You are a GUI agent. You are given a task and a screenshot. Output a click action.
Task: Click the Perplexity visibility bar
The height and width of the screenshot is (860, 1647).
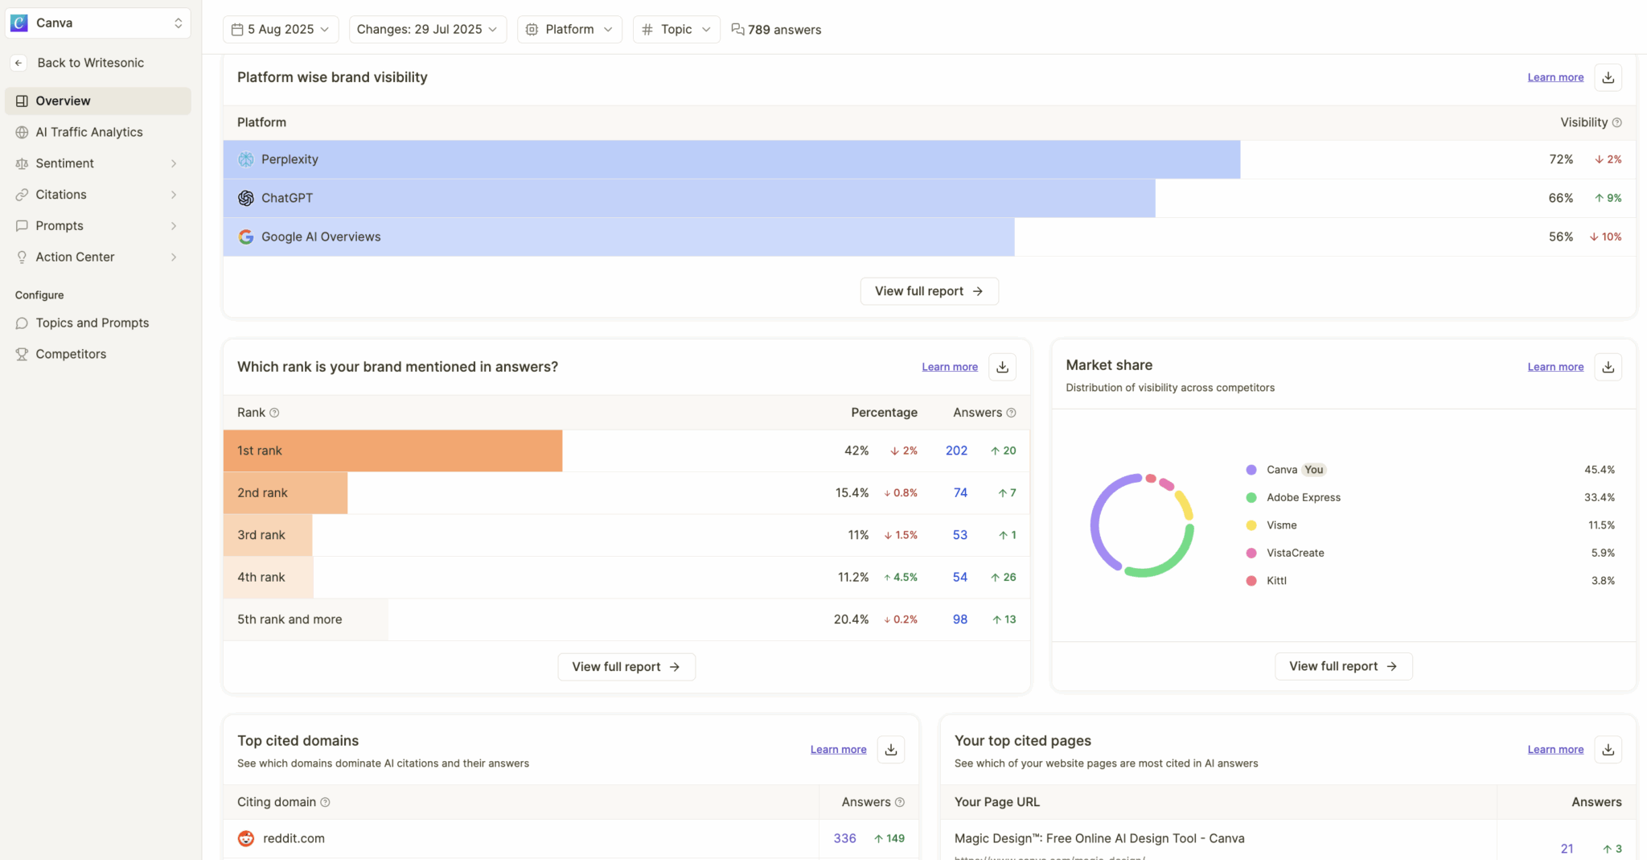click(x=731, y=159)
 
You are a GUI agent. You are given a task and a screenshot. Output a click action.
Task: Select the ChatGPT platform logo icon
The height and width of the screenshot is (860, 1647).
click(x=246, y=198)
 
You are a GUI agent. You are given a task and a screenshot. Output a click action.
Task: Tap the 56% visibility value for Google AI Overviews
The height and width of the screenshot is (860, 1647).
click(x=1560, y=237)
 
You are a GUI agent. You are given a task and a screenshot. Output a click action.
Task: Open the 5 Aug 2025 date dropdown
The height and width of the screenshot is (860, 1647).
click(x=280, y=30)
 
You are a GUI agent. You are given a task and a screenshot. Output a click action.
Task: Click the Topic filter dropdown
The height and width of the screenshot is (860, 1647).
click(x=676, y=30)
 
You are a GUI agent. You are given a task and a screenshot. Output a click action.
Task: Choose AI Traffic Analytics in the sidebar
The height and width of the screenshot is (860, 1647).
click(x=89, y=132)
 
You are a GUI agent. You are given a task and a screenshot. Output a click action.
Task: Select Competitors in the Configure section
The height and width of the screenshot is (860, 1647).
click(x=71, y=354)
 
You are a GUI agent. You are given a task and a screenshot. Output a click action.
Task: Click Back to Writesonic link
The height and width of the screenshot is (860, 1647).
click(x=90, y=63)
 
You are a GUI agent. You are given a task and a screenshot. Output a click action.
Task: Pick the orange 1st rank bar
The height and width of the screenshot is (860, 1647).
click(x=392, y=451)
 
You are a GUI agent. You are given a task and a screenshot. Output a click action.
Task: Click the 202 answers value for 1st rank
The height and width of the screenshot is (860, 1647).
click(x=956, y=451)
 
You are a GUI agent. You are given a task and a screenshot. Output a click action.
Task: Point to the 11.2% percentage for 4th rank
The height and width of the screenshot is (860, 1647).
click(x=852, y=577)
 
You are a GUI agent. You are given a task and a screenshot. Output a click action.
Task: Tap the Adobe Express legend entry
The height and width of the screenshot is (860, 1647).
click(x=1303, y=497)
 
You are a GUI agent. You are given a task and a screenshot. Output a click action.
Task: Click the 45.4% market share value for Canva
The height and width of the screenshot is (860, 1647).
click(x=1599, y=470)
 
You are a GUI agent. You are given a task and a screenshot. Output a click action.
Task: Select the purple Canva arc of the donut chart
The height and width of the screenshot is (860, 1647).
click(x=1097, y=523)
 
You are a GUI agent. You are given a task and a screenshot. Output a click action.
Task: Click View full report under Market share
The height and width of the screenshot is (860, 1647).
click(x=1343, y=666)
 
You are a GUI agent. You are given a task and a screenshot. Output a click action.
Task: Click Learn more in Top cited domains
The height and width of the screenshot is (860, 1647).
click(x=838, y=749)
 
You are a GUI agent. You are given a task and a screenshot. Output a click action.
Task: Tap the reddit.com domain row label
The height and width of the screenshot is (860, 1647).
click(x=294, y=838)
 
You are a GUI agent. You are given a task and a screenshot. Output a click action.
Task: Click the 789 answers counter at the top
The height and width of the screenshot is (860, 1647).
click(x=776, y=30)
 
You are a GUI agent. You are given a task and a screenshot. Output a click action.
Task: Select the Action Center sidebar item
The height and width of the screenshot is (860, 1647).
click(x=75, y=257)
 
